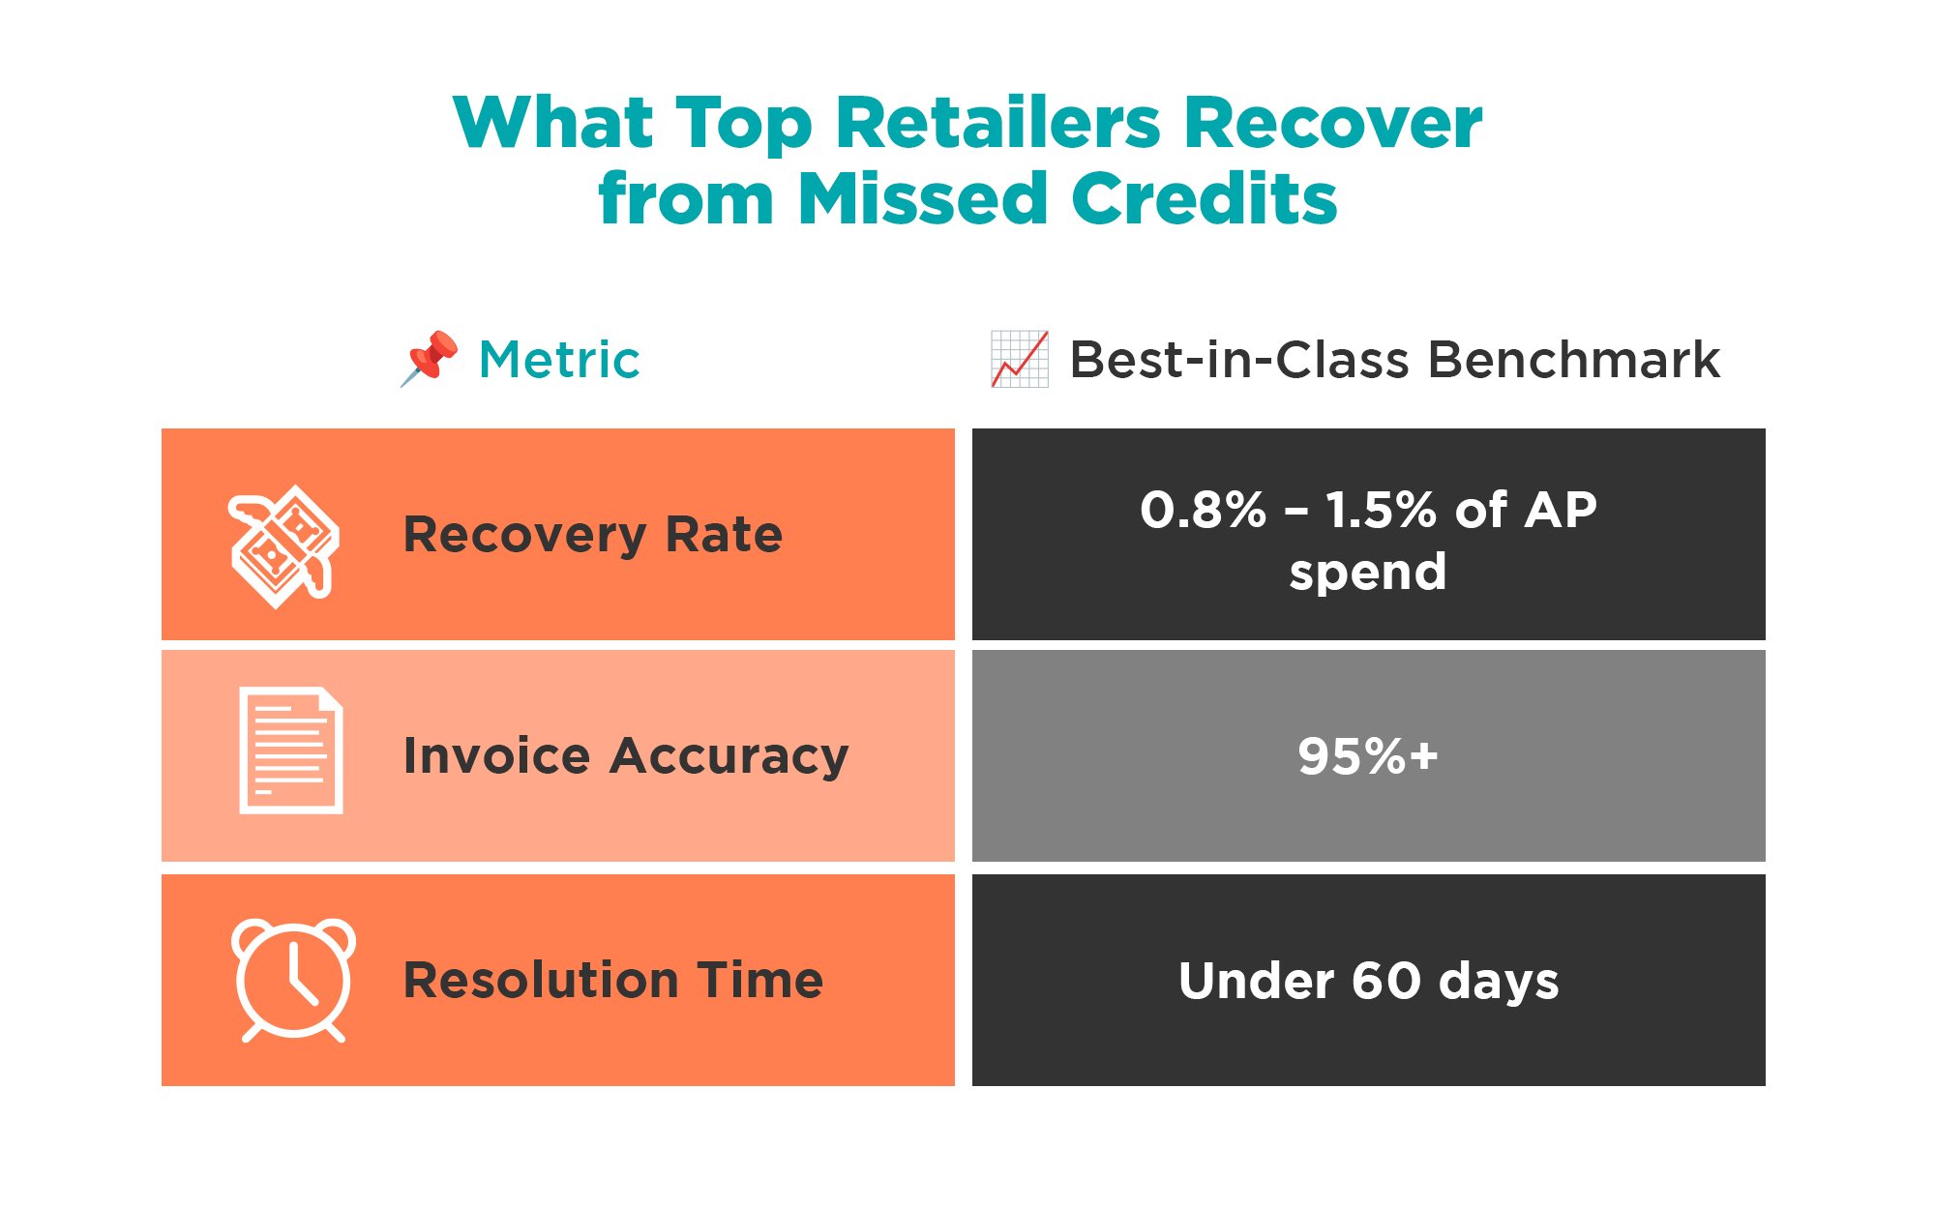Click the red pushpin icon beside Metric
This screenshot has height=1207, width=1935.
[430, 358]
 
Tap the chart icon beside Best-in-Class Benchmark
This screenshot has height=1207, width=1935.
[1020, 359]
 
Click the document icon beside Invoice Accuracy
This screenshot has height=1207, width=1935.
[291, 751]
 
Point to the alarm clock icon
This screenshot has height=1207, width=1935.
[293, 979]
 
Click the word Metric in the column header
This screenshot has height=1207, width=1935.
[559, 360]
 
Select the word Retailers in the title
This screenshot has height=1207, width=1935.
[997, 124]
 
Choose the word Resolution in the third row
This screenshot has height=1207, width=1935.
[541, 980]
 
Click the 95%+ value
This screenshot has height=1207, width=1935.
[1368, 756]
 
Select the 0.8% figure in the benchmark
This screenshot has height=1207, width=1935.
[1203, 510]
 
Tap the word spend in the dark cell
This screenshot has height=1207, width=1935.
[1368, 573]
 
